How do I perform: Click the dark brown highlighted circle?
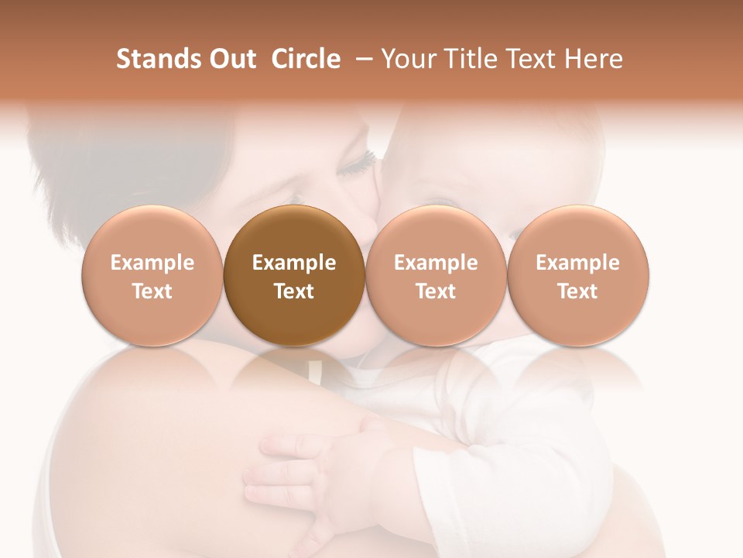pyautogui.click(x=294, y=277)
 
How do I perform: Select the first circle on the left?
pyautogui.click(x=152, y=277)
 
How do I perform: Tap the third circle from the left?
pyautogui.click(x=436, y=277)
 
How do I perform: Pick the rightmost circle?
pyautogui.click(x=577, y=277)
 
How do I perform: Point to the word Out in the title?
pyautogui.click(x=230, y=59)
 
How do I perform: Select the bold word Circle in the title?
pyautogui.click(x=306, y=59)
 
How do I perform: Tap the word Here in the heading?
pyautogui.click(x=594, y=59)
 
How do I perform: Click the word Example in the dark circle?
pyautogui.click(x=294, y=263)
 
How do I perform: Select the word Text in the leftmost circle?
pyautogui.click(x=152, y=291)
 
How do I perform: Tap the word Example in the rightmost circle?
pyautogui.click(x=577, y=263)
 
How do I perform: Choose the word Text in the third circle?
pyautogui.click(x=436, y=291)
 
